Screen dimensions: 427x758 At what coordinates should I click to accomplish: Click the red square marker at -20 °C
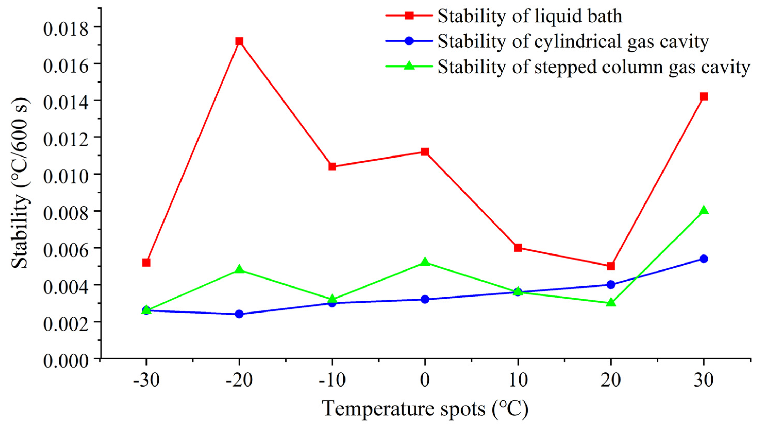pos(239,41)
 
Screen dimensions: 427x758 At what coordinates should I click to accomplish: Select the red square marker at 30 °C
pos(704,97)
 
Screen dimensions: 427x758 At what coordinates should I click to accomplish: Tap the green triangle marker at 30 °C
pos(704,210)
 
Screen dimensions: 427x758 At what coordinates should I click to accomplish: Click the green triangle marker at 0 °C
pos(425,262)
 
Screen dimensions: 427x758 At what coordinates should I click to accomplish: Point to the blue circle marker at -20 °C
pos(239,314)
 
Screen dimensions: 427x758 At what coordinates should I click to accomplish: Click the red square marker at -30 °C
pos(146,262)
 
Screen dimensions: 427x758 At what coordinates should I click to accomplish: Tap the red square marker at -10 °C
pos(332,167)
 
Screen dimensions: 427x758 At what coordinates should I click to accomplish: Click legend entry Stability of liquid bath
pos(530,16)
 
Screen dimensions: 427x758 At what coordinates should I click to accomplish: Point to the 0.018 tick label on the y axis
pos(66,27)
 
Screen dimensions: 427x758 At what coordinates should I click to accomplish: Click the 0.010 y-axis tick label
pos(66,175)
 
